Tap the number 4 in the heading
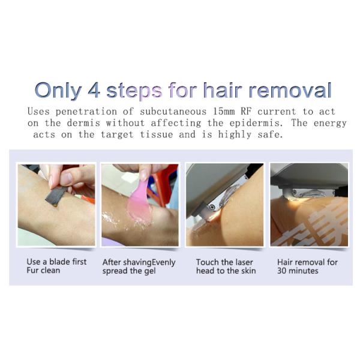click(95, 89)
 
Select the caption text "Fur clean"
click(44, 271)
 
